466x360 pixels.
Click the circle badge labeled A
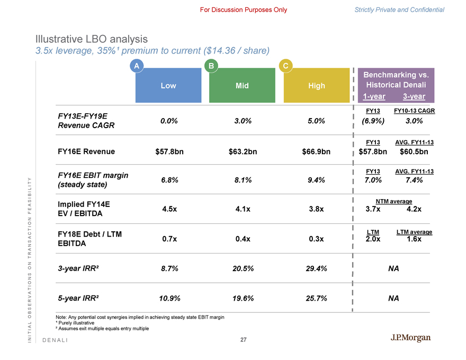click(136, 66)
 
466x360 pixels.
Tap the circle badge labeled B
click(210, 66)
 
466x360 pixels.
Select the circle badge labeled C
click(285, 66)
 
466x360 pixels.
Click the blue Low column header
click(168, 86)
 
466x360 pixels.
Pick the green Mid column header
click(243, 86)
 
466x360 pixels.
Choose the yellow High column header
click(317, 86)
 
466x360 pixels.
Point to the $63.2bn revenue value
click(243, 152)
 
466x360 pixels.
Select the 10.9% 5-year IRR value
click(168, 298)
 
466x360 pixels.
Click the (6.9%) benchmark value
click(373, 121)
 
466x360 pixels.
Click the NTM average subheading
click(393, 201)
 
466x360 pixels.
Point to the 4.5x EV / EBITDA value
click(168, 209)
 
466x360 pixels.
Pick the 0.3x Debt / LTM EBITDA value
click(317, 239)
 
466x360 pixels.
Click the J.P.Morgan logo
click(410, 338)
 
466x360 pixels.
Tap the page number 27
click(244, 340)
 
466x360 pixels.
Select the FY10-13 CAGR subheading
click(415, 111)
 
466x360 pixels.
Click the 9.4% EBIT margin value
click(317, 180)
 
